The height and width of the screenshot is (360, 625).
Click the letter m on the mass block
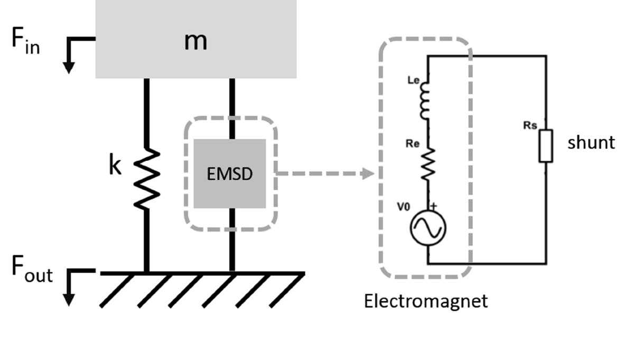pyautogui.click(x=195, y=41)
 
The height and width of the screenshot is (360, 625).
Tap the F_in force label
pyautogui.click(x=25, y=41)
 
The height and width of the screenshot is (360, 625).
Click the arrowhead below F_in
pyautogui.click(x=68, y=68)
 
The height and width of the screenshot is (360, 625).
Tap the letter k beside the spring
pyautogui.click(x=115, y=166)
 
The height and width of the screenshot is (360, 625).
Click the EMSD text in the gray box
pyautogui.click(x=230, y=174)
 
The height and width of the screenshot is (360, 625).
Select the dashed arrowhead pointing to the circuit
pyautogui.click(x=368, y=173)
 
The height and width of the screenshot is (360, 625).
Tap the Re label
pyautogui.click(x=412, y=143)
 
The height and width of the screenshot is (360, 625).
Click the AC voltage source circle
pyautogui.click(x=428, y=228)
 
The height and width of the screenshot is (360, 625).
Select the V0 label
pyautogui.click(x=403, y=207)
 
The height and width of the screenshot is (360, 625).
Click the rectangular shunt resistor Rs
pyautogui.click(x=546, y=145)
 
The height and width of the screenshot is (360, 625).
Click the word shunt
pyautogui.click(x=591, y=143)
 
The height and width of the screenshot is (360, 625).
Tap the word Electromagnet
pyautogui.click(x=425, y=301)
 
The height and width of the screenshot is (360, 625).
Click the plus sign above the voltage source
pyautogui.click(x=434, y=206)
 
